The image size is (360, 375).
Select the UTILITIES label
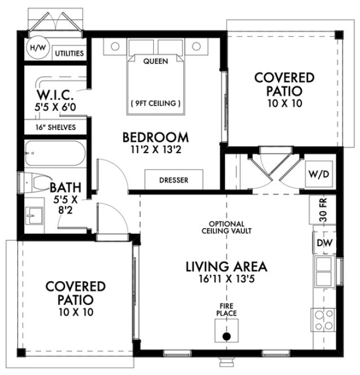70,54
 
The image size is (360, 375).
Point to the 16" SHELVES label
55,127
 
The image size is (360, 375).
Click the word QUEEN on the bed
154,61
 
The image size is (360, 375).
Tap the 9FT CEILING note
155,103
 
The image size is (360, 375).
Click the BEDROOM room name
155,137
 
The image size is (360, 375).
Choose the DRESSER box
174,180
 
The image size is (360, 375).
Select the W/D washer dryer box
319,175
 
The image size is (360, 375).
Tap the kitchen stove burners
323,321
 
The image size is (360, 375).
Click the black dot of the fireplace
226,337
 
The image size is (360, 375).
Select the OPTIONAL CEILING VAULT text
226,227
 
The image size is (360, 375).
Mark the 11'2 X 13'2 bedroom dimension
155,150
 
